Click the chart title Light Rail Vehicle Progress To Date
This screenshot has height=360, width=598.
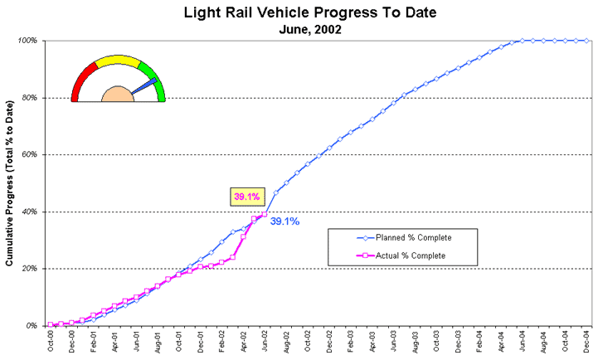click(x=299, y=13)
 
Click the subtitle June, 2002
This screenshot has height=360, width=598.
click(x=299, y=29)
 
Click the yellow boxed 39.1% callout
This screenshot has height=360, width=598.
click(x=246, y=197)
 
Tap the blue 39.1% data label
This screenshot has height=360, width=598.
click(x=284, y=221)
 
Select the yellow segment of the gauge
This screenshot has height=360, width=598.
click(x=118, y=62)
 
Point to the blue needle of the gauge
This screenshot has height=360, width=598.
click(x=143, y=85)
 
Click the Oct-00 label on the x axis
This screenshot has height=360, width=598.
click(x=51, y=342)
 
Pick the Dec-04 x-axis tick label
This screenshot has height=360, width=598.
click(x=587, y=342)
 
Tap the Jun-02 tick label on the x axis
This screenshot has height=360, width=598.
click(x=265, y=342)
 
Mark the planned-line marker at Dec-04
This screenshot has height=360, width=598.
click(x=587, y=41)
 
